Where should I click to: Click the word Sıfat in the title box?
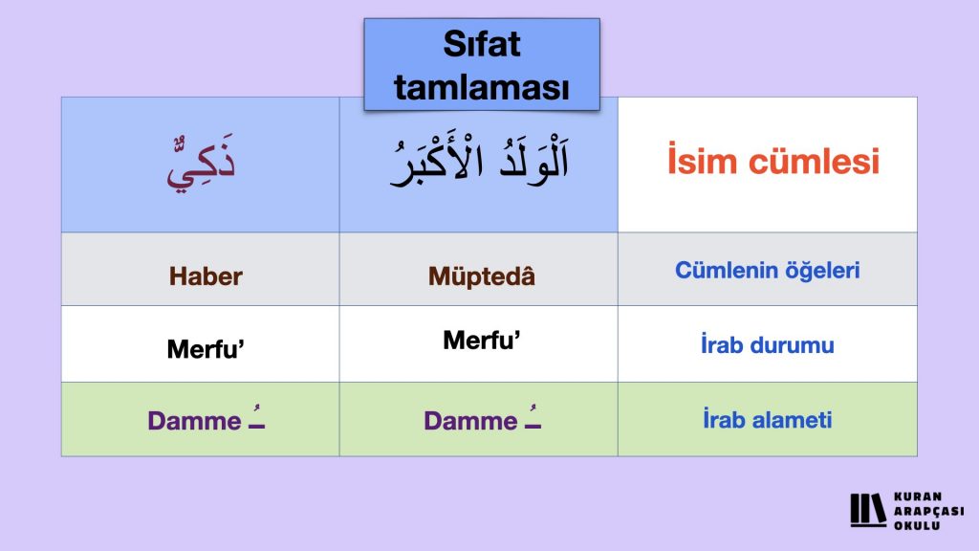tap(482, 44)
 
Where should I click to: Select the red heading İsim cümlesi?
tap(772, 160)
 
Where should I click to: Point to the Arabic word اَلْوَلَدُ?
tap(534, 159)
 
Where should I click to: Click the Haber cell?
tap(206, 276)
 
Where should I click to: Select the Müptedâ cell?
tap(482, 275)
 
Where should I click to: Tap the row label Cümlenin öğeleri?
tap(768, 270)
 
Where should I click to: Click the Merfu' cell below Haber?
tap(206, 348)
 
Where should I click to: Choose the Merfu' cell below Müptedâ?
tap(482, 341)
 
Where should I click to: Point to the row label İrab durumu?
tap(768, 344)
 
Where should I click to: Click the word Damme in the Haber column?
tap(194, 421)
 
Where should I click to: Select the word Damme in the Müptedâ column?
tap(470, 421)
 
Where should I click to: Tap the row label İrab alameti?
tap(768, 419)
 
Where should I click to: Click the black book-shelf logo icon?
tap(868, 510)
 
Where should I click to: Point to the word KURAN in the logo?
tap(918, 496)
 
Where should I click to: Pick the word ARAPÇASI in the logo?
tap(929, 511)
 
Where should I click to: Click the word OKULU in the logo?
tap(917, 525)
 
